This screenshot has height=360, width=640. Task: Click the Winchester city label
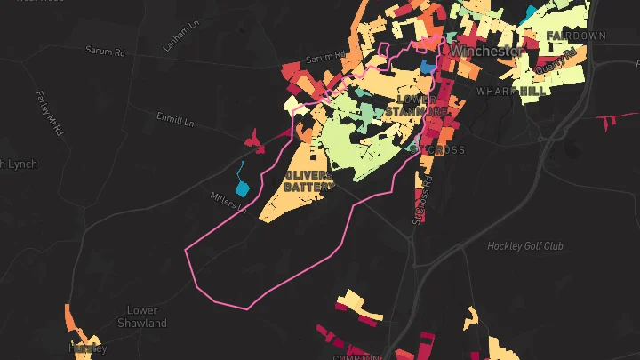pyautogui.click(x=485, y=52)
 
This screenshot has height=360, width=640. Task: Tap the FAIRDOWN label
pyautogui.click(x=575, y=36)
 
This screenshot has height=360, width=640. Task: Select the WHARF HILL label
pyautogui.click(x=511, y=92)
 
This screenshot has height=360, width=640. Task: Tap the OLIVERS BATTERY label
pyautogui.click(x=308, y=180)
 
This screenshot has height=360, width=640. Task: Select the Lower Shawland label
pyautogui.click(x=142, y=316)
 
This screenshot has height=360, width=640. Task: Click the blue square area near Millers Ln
pyautogui.click(x=242, y=188)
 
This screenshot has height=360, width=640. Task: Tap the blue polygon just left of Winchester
pyautogui.click(x=428, y=67)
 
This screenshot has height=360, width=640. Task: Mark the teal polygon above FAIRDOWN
pyautogui.click(x=531, y=12)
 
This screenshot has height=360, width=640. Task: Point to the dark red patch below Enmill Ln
pyautogui.click(x=253, y=139)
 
